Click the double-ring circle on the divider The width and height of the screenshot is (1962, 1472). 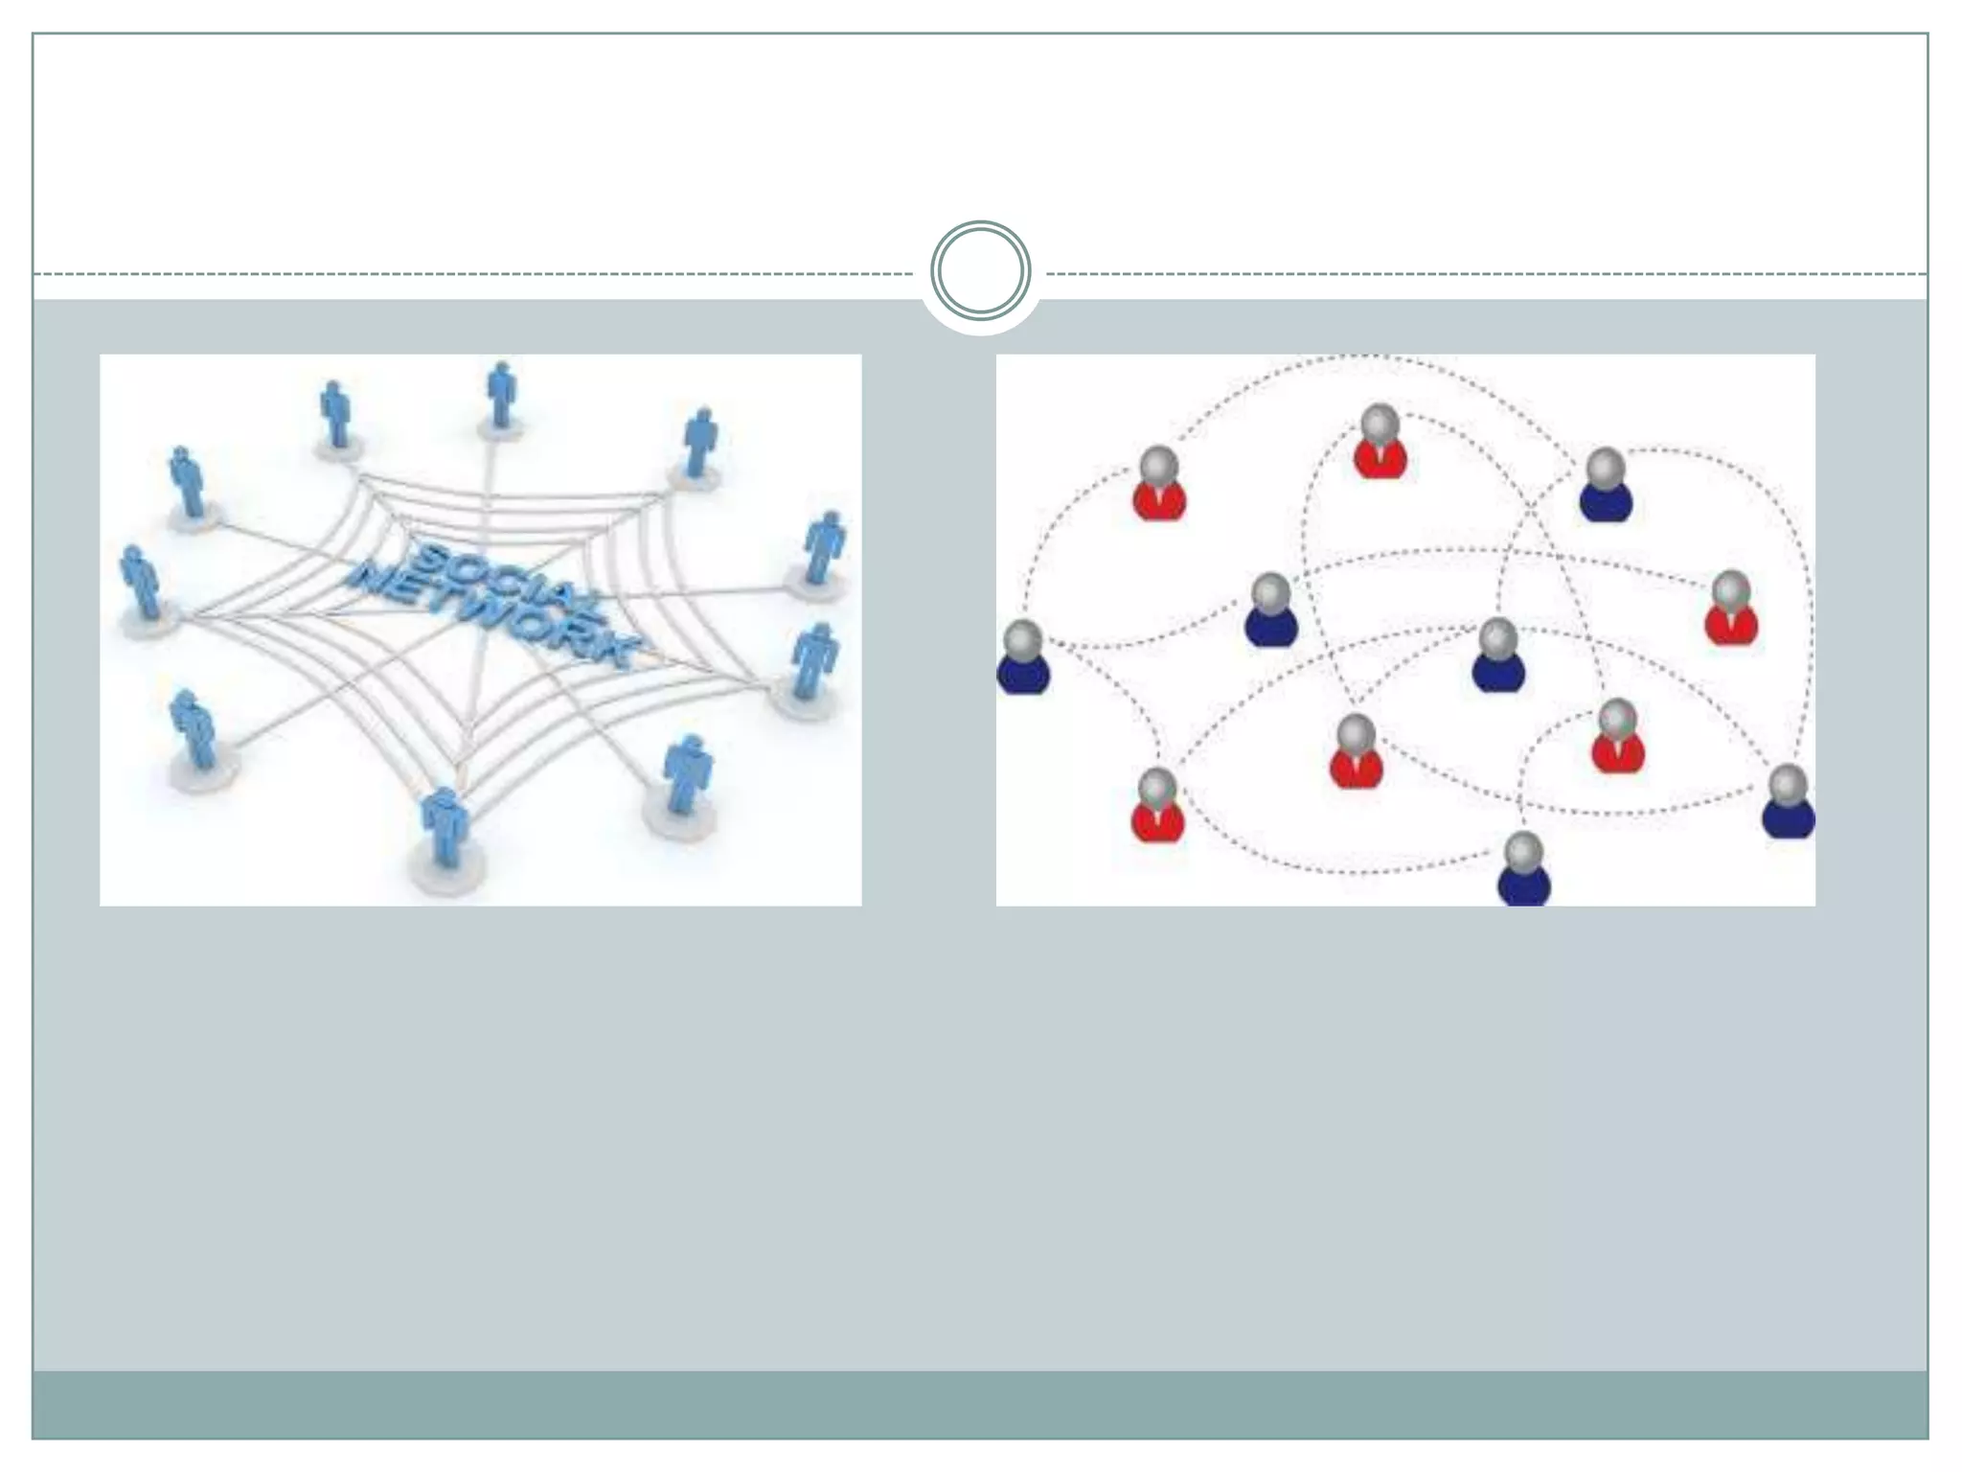click(980, 271)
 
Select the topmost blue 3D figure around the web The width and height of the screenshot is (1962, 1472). click(500, 395)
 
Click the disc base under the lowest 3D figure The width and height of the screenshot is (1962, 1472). click(445, 867)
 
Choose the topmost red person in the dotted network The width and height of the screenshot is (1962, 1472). click(1380, 442)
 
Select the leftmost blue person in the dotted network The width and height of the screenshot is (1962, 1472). click(1023, 657)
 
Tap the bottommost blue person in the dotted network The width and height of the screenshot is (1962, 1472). click(1523, 868)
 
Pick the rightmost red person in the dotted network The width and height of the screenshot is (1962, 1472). click(1731, 608)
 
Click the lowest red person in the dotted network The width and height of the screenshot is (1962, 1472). click(1157, 807)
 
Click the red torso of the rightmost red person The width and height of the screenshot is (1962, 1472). click(1731, 627)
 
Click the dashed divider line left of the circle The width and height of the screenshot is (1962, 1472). click(479, 274)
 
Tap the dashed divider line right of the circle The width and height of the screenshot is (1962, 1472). click(1485, 274)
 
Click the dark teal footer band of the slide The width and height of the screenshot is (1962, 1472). click(980, 1404)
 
